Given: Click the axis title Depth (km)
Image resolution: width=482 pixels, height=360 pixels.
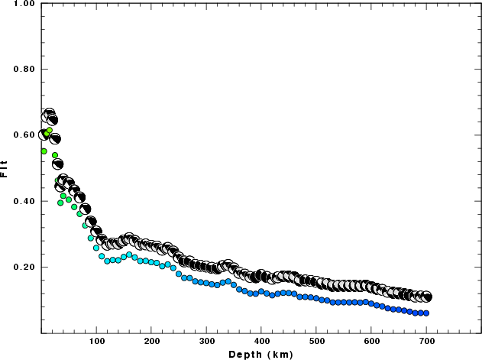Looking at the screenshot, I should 260,354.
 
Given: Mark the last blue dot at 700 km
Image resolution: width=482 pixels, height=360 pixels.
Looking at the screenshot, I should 426,313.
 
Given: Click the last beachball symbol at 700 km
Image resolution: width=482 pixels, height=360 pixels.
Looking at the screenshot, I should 426,297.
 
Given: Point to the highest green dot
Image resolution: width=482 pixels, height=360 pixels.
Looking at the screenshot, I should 49,131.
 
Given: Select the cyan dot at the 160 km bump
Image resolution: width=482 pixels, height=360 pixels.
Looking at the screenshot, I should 129,255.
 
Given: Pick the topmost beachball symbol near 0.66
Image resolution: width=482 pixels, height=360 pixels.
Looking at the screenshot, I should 49,115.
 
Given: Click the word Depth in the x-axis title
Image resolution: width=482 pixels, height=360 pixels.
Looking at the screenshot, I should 246,354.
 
